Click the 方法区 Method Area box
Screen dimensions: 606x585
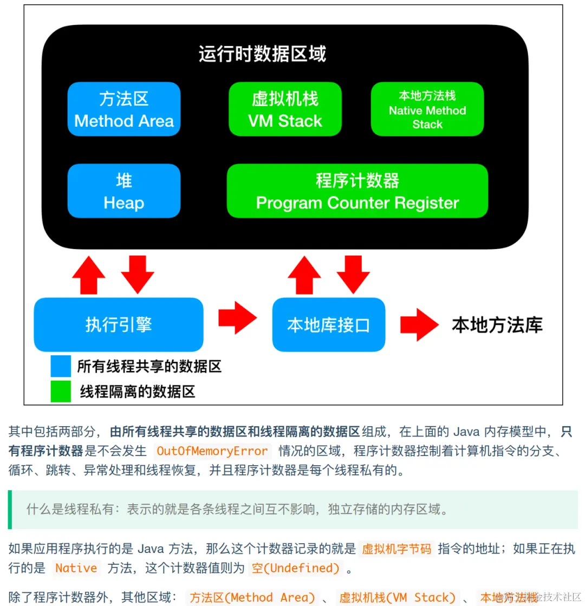[x=123, y=109]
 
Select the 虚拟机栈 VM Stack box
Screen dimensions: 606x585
[x=285, y=109]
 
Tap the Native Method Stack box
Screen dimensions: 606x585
[x=427, y=109]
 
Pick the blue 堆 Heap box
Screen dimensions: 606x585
[x=123, y=191]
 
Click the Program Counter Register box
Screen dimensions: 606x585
[x=357, y=191]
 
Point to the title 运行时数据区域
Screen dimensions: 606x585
[x=262, y=54]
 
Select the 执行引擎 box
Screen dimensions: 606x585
[x=118, y=324]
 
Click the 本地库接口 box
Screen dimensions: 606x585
[x=328, y=324]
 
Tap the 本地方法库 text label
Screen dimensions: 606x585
[x=497, y=325]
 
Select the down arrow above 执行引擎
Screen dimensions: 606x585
[x=138, y=274]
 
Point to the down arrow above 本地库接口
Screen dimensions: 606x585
[x=353, y=274]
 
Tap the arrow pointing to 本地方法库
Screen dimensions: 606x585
[x=419, y=324]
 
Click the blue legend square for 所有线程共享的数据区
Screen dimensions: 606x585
[x=61, y=366]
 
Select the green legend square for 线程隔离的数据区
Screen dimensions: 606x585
[x=61, y=392]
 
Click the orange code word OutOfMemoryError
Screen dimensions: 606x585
[x=212, y=451]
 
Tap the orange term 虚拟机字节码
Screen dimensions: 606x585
[x=397, y=549]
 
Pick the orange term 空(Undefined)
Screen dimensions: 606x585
[x=295, y=568]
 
